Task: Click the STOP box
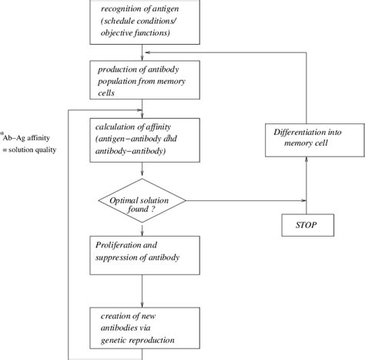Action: pyautogui.click(x=307, y=226)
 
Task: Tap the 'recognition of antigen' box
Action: pyautogui.click(x=143, y=21)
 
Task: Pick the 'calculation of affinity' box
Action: pyautogui.click(x=143, y=139)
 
